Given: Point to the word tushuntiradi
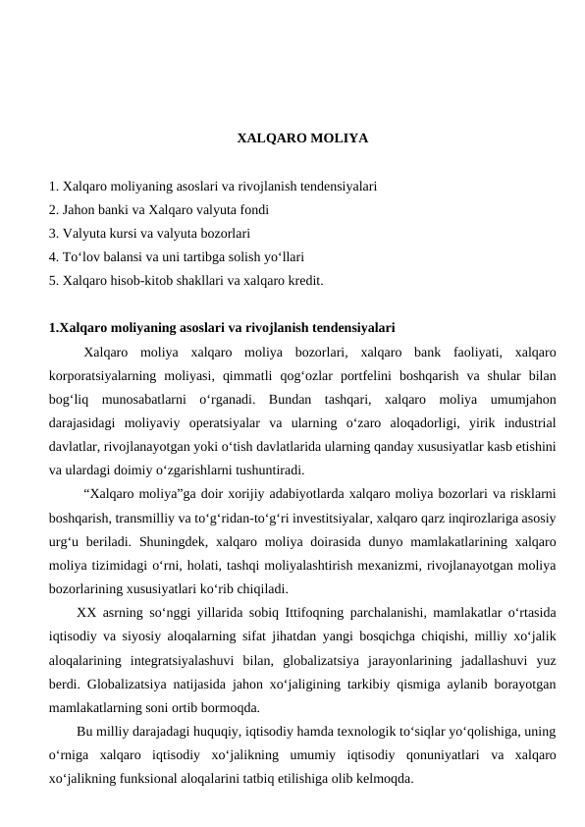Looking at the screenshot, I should click(267, 469).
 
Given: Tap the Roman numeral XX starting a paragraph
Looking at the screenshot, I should click(84, 611).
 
